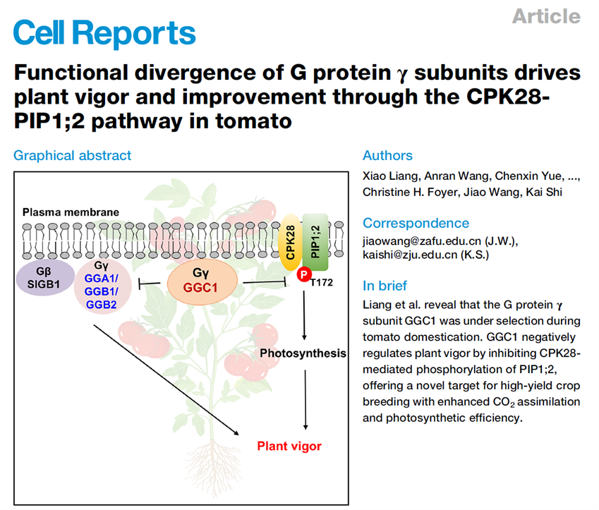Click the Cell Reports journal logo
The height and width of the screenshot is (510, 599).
[104, 32]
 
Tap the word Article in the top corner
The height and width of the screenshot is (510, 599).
[546, 16]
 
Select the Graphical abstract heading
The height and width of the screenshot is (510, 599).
[72, 155]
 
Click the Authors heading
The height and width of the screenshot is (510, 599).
[387, 156]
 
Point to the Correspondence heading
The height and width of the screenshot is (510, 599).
[416, 223]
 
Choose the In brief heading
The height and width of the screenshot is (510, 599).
[385, 286]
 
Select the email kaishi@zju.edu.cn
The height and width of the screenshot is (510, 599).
[409, 255]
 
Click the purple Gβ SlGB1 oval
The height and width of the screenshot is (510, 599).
[44, 279]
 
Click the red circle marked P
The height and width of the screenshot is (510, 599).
[303, 274]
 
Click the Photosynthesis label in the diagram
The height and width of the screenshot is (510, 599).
[303, 353]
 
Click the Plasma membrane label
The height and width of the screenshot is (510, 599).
[71, 212]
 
